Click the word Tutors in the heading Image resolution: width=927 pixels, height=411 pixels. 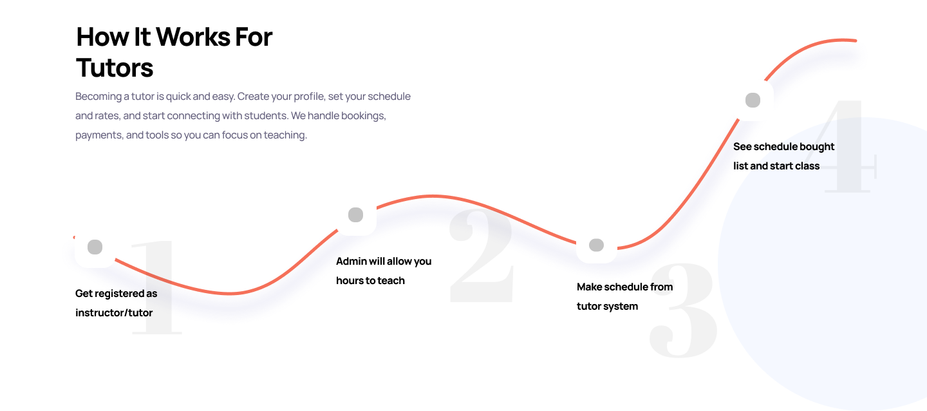pos(115,68)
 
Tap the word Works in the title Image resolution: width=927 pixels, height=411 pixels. pos(193,37)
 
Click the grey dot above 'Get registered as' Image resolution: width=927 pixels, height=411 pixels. pos(95,247)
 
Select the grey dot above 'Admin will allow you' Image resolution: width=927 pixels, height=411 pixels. pos(355,215)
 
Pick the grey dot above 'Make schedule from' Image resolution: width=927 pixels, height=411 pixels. pos(596,245)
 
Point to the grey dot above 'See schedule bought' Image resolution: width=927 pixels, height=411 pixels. pos(753,100)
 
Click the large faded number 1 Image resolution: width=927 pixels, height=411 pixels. pos(156,287)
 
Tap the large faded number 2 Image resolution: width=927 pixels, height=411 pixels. pos(482,256)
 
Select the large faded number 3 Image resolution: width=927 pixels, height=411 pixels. pos(683,310)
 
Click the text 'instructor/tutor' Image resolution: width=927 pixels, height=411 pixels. pos(114,313)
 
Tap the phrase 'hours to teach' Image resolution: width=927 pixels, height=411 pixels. pos(370,280)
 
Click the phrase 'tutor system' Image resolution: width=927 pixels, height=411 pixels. pos(607,307)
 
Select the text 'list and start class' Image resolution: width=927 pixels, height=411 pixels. pos(776,166)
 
